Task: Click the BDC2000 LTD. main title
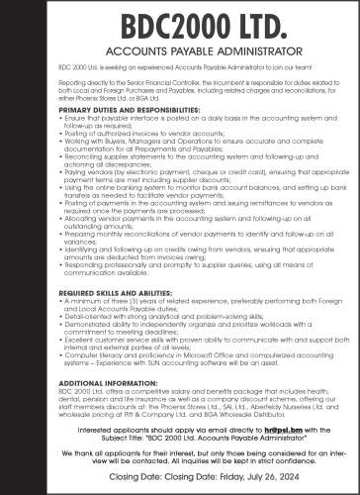pos(179,29)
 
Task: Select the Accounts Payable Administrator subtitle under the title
pos(179,58)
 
